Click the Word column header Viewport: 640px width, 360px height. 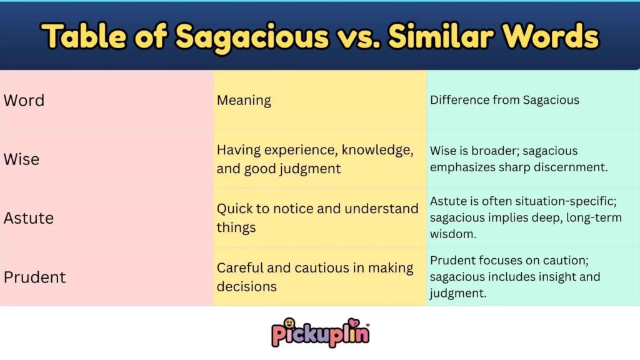point(24,101)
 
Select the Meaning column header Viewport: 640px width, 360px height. point(244,101)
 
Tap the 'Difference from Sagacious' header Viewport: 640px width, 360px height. point(504,100)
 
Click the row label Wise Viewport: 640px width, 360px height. point(21,159)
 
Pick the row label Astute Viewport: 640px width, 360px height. point(29,218)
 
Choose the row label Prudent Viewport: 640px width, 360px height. point(34,277)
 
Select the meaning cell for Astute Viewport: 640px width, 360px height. point(317,217)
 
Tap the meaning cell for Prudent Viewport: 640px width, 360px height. point(315,277)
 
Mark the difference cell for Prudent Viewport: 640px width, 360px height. point(515,276)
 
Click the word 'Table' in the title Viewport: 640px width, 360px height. point(81,37)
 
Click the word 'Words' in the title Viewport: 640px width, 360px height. point(556,37)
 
